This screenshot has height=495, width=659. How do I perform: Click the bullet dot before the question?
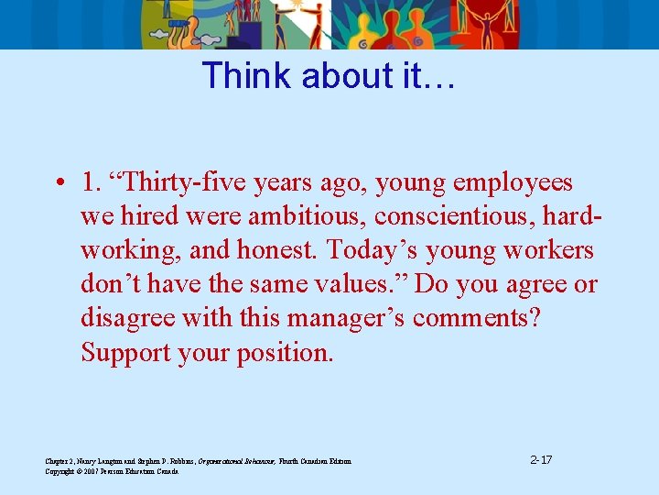tap(58, 183)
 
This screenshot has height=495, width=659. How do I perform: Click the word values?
tap(351, 284)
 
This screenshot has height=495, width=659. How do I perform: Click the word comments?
tap(480, 318)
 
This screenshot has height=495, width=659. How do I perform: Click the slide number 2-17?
tap(541, 459)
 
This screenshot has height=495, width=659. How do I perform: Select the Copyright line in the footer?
tap(112, 471)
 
